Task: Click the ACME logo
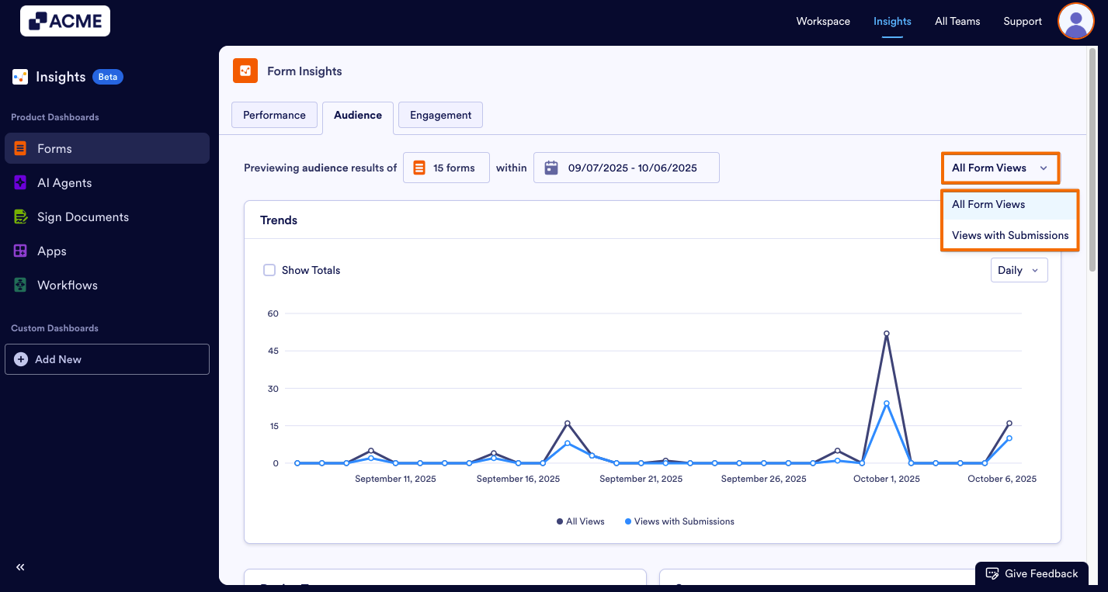(x=65, y=21)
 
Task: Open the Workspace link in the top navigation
(x=823, y=21)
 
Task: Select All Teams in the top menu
(x=957, y=21)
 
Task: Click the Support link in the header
(x=1023, y=21)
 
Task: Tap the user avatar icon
(x=1075, y=21)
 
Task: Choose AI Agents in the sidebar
(x=64, y=183)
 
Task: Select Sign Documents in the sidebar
(x=82, y=217)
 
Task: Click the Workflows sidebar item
(x=67, y=286)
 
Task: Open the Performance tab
(x=274, y=115)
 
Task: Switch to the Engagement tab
(x=440, y=115)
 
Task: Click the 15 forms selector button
(x=446, y=168)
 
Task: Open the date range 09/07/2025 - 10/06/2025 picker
(x=626, y=168)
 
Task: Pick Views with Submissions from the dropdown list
(x=1009, y=235)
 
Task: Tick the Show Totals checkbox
(x=269, y=270)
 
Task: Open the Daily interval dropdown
(x=1019, y=270)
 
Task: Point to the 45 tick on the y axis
(x=273, y=351)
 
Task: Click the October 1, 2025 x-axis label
(x=886, y=479)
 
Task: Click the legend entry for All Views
(x=580, y=521)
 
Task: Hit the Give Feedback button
(x=1031, y=573)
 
